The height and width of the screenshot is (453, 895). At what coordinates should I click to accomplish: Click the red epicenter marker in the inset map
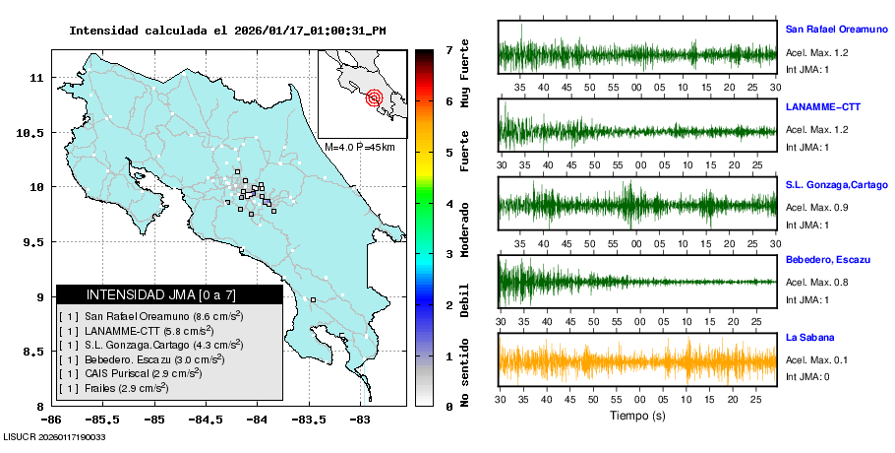(374, 97)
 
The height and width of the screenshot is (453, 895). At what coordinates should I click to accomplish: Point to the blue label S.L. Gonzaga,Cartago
(836, 184)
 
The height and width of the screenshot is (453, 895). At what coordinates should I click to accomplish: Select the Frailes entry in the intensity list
(113, 389)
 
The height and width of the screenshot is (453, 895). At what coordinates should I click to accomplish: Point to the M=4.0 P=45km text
(359, 147)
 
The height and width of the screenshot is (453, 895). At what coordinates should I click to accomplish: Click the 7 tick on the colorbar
(448, 49)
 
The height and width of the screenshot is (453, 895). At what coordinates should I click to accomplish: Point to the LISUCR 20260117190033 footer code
(55, 436)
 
